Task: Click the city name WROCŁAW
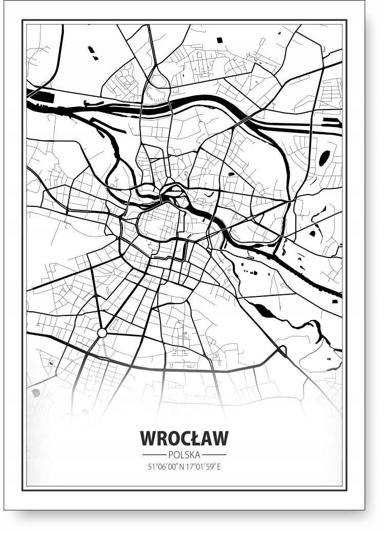(x=184, y=438)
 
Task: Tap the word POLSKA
(x=184, y=455)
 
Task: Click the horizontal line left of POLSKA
(x=154, y=455)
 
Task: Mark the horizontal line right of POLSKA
(x=214, y=455)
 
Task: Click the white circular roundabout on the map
(x=102, y=333)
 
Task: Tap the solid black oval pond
(x=324, y=158)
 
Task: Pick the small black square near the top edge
(x=219, y=40)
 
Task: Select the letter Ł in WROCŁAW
(x=192, y=438)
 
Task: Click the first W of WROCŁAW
(x=149, y=438)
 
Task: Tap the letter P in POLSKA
(x=170, y=455)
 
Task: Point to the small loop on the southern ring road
(x=281, y=351)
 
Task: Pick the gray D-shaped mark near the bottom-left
(x=36, y=393)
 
